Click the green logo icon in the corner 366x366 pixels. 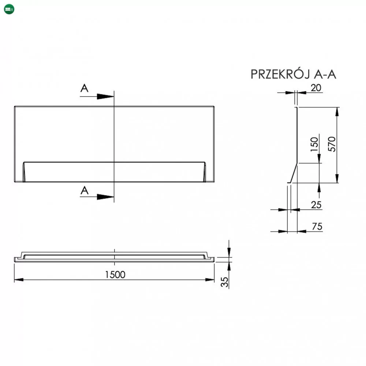pos(9,9)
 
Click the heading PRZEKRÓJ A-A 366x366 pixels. pos(293,74)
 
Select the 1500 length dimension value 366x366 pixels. pos(115,274)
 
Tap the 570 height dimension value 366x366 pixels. pos(332,144)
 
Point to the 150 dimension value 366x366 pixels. pos(314,144)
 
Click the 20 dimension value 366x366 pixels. pos(316,88)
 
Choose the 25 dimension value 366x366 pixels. pos(316,205)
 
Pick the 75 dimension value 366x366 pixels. pos(317,227)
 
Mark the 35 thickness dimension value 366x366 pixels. pos(225,282)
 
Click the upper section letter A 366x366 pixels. pos(84,88)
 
